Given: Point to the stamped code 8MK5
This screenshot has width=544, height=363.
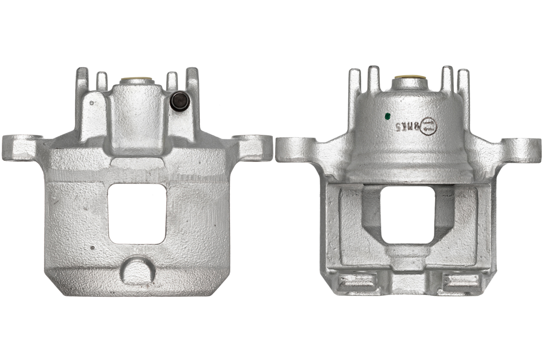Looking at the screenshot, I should coord(407,124).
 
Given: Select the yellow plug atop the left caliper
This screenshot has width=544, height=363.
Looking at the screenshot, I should coord(136,82).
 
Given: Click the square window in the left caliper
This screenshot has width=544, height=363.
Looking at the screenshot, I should coord(136,213).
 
